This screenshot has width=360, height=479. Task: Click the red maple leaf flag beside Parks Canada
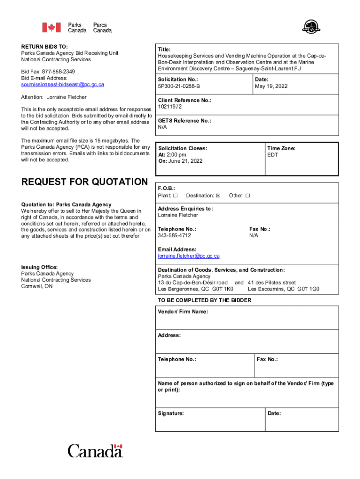click(x=51, y=28)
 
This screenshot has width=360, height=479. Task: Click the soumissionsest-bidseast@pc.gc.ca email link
click(x=63, y=85)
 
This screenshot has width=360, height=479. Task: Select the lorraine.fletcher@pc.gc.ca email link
click(x=188, y=256)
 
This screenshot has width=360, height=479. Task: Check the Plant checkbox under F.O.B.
click(x=175, y=196)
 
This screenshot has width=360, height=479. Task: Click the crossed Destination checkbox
click(x=218, y=196)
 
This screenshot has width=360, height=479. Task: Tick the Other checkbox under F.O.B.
click(x=248, y=196)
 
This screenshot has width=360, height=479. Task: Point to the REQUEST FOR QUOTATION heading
click(x=85, y=182)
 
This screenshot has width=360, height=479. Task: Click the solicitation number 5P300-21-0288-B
click(x=179, y=87)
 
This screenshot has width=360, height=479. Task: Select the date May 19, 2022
click(x=271, y=87)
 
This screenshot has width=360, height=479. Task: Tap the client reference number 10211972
click(x=170, y=107)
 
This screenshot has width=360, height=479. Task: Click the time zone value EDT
click(x=273, y=155)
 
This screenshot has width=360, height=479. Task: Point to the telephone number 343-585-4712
click(x=174, y=236)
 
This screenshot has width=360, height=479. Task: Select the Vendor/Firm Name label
click(x=183, y=312)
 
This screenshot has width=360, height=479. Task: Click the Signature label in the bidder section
click(x=171, y=414)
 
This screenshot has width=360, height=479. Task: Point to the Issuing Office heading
click(x=39, y=267)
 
